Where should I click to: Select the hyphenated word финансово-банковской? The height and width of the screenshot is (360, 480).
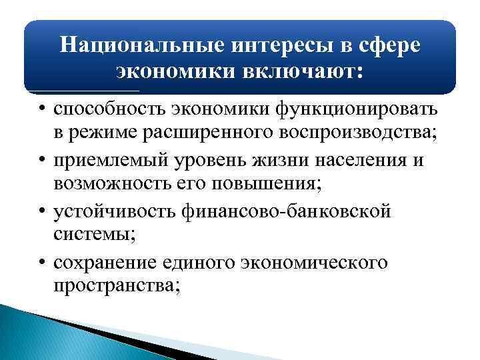coord(297,212)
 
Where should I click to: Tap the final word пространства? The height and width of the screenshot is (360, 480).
coord(117,289)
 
